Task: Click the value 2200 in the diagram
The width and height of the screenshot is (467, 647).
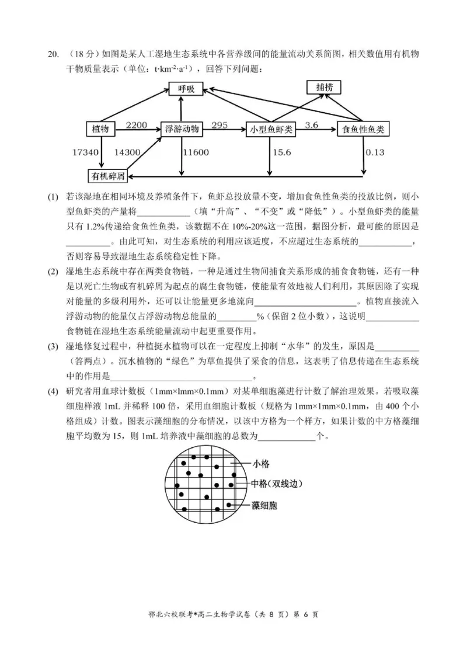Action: pyautogui.click(x=137, y=124)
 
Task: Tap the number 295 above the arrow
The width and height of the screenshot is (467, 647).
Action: pyautogui.click(x=219, y=124)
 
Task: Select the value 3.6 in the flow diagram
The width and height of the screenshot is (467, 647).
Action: pyautogui.click(x=312, y=124)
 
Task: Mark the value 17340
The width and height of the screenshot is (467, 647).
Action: pyautogui.click(x=85, y=152)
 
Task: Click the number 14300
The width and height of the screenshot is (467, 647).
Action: pyautogui.click(x=127, y=152)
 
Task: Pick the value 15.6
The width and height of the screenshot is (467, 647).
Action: pyautogui.click(x=283, y=152)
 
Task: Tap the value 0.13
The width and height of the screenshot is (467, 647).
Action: pyautogui.click(x=375, y=152)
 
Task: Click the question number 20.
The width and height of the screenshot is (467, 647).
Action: pyautogui.click(x=53, y=55)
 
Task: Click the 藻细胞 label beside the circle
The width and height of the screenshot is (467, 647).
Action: pyautogui.click(x=264, y=505)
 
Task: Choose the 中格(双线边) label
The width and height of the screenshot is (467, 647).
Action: pyautogui.click(x=277, y=484)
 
